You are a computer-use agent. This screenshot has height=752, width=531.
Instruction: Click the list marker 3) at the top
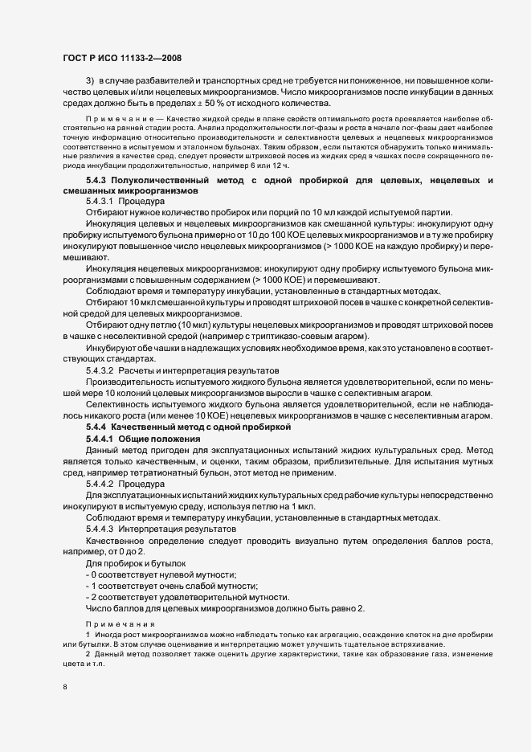(x=91, y=83)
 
